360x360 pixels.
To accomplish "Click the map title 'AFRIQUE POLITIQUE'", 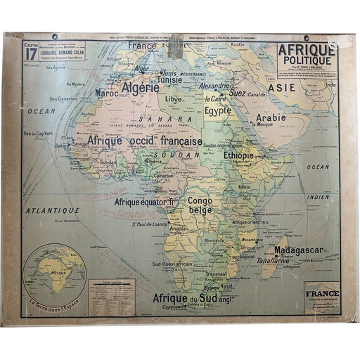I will (307, 56).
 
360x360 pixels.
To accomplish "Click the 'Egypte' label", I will (219, 110).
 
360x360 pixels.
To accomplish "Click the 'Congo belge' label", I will (202, 205).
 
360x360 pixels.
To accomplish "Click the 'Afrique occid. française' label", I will (146, 141).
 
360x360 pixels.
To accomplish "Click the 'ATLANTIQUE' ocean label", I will (51, 210).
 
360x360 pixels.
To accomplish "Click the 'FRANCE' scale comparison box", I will (322, 295).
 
